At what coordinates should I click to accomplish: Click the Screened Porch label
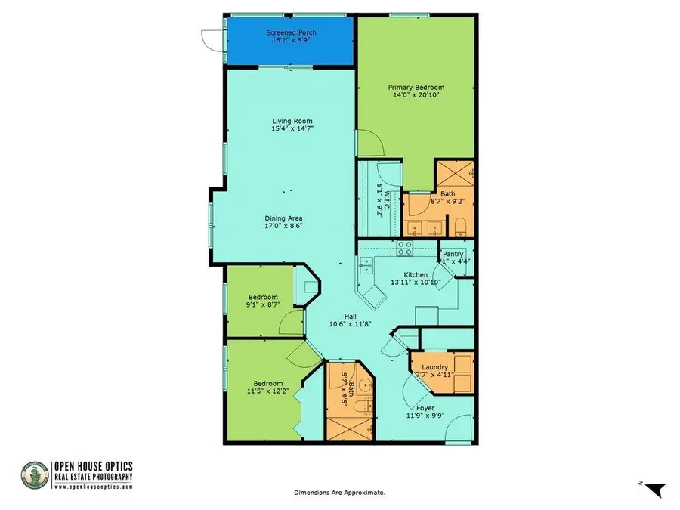291,33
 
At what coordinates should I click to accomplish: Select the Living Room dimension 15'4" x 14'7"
292,129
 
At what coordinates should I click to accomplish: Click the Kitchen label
416,275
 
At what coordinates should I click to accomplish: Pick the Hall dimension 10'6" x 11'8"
350,324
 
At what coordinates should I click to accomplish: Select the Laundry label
435,367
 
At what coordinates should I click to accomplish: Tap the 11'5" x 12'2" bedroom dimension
269,391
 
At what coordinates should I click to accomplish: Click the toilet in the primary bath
460,227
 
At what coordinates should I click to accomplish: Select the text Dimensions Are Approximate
339,492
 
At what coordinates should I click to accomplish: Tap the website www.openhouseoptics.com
94,487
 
